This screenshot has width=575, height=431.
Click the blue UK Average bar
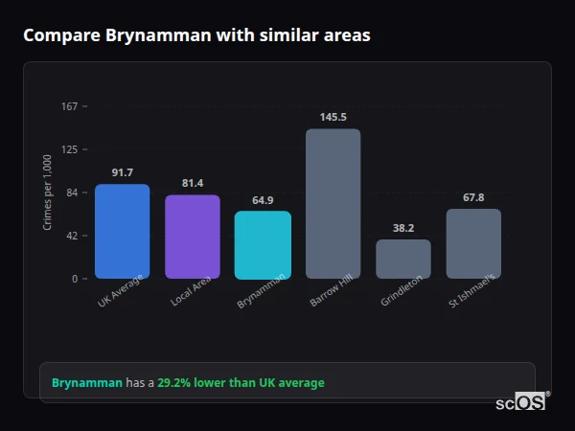coord(122,231)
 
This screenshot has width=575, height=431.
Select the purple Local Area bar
coord(193,237)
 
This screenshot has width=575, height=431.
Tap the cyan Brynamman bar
coord(263,244)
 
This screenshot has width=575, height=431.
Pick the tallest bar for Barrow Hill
coord(333,203)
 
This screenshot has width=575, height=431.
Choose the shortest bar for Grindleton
coord(403,259)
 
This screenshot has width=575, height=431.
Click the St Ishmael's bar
coord(473,243)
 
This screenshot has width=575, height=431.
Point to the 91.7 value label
coord(122,172)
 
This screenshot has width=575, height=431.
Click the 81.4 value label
coord(193,183)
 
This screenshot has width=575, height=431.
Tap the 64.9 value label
coord(263,200)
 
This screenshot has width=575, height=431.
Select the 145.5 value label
coord(333,117)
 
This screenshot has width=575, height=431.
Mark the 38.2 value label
coord(403,228)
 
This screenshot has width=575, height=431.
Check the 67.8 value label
coord(473,197)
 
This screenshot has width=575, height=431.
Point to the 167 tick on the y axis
coord(69,106)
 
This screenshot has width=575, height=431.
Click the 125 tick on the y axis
coord(69,149)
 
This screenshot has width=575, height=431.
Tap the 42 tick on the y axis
coord(71,236)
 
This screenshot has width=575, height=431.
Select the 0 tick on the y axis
coord(74,279)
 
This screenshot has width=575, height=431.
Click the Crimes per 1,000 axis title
coord(48,193)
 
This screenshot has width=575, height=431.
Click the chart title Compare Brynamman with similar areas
coord(196,35)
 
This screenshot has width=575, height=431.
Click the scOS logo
coord(521,402)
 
